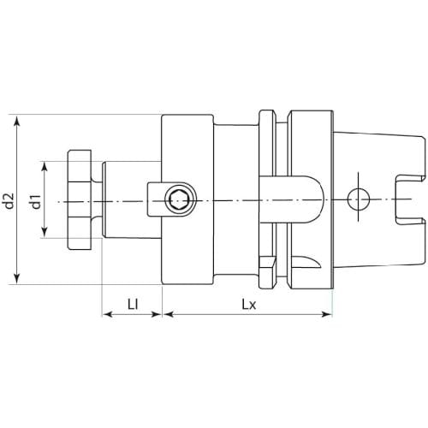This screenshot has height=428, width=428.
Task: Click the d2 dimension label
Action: coord(9,200)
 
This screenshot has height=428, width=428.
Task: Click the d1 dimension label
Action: coord(36,201)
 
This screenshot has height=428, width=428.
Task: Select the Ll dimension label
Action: coord(133,305)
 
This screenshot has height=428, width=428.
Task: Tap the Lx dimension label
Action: coord(249,305)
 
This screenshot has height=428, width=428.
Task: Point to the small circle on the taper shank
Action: coord(359,199)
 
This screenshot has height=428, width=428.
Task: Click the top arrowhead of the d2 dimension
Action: coord(17,121)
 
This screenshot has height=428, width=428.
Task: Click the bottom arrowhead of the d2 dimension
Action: coord(17,278)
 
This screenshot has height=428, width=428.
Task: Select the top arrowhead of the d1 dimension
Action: coord(45,168)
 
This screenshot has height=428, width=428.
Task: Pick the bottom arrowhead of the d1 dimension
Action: coord(45,231)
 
